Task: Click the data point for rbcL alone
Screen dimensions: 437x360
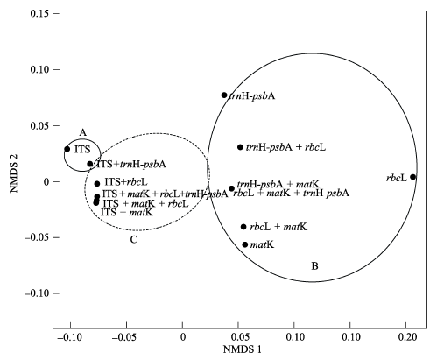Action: point(412,177)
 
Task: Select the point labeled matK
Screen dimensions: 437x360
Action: point(245,244)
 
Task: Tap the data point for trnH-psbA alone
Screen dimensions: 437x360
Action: point(224,95)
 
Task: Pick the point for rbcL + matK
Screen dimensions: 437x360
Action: point(243,227)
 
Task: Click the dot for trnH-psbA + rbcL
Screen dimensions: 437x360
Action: point(240,147)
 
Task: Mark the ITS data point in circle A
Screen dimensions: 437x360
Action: point(67,149)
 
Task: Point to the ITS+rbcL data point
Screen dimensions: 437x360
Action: point(97,184)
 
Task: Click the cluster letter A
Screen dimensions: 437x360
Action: point(83,133)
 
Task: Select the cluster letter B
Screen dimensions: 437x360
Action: point(314,266)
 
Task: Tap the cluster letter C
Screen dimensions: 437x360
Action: point(134,240)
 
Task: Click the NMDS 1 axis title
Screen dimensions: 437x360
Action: point(243,349)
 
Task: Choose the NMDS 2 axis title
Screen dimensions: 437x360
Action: point(13,173)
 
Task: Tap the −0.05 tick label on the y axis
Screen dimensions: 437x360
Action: point(37,237)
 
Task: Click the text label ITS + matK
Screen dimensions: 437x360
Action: point(127,212)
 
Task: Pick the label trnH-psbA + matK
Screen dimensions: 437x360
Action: point(278,184)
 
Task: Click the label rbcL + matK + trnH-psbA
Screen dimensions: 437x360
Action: point(292,193)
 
